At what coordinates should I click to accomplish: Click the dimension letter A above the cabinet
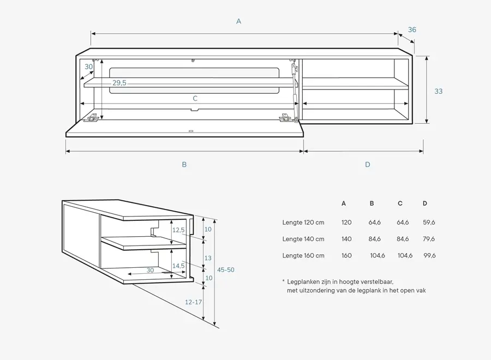238,21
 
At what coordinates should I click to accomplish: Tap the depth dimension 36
412,29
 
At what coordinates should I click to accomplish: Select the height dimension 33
439,91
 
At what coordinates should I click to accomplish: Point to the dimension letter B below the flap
184,164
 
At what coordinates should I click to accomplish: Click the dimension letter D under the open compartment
367,164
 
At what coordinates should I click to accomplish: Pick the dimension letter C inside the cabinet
195,99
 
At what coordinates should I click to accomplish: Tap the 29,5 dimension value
119,83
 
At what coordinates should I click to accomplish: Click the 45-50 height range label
226,270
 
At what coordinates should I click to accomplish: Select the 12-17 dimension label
193,301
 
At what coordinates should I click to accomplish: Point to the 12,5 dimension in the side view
178,230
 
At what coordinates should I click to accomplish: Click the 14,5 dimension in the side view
178,266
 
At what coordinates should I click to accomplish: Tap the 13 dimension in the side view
207,257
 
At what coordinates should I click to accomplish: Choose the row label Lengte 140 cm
303,239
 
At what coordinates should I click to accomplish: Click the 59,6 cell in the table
429,223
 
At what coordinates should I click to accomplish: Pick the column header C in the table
400,203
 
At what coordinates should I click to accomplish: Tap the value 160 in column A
346,255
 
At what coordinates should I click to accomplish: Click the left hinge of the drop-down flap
94,117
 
